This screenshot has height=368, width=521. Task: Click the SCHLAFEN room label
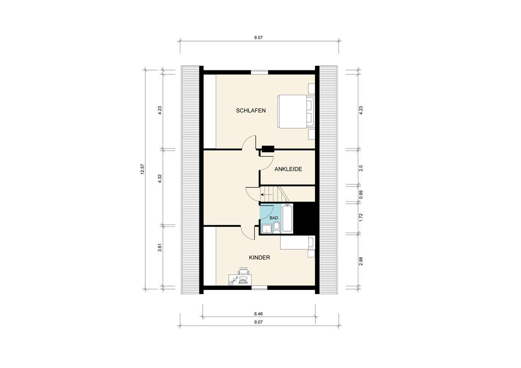tap(251, 111)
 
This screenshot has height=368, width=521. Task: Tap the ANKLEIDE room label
tap(288, 169)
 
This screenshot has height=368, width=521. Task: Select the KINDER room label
tap(260, 257)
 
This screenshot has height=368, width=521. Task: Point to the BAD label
tap(274, 218)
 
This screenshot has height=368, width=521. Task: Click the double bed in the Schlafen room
tap(296, 111)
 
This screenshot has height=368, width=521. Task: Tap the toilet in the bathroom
tap(276, 227)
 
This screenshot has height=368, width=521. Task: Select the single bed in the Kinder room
tap(298, 242)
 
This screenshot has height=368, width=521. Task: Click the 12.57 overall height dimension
tap(142, 169)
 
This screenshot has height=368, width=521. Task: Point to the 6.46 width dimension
tap(258, 314)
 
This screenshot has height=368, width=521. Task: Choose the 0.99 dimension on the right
tap(361, 195)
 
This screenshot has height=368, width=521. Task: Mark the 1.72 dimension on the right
tap(361, 218)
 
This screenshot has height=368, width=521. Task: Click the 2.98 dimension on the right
tap(361, 261)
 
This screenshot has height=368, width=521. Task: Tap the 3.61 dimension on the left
tap(160, 247)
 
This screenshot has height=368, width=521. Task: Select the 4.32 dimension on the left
tap(160, 179)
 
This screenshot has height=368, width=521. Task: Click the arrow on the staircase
tap(265, 194)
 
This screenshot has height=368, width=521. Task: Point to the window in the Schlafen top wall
tap(259, 72)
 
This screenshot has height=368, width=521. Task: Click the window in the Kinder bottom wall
tap(259, 287)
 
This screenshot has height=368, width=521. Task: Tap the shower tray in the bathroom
tap(266, 229)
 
